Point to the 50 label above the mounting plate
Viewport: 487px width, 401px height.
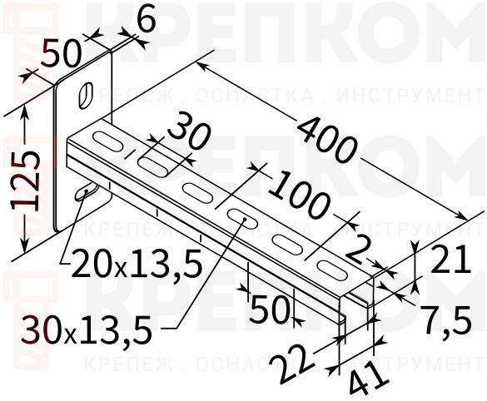[x=62, y=55]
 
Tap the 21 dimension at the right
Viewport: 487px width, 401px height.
[x=455, y=263]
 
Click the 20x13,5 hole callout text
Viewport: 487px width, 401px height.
[x=137, y=265]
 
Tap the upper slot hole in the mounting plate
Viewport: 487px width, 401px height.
[x=86, y=92]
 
